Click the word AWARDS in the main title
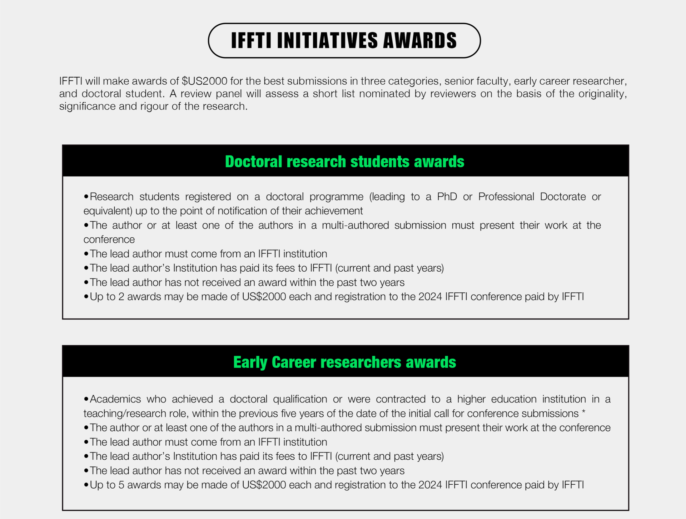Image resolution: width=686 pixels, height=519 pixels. click(420, 40)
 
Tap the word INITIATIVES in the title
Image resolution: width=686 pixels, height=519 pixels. click(327, 40)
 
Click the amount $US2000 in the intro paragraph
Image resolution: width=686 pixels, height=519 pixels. click(204, 81)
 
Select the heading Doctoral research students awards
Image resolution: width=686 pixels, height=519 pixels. click(345, 162)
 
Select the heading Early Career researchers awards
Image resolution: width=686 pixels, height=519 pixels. click(345, 362)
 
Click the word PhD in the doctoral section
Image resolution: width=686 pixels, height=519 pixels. click(447, 197)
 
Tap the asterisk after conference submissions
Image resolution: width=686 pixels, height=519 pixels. click(583, 412)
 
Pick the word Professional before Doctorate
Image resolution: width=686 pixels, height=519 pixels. click(506, 197)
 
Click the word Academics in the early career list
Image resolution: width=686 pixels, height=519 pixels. click(115, 399)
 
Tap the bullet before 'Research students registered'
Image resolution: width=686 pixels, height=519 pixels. click(86, 197)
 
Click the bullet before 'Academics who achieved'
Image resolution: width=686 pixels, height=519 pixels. click(86, 399)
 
